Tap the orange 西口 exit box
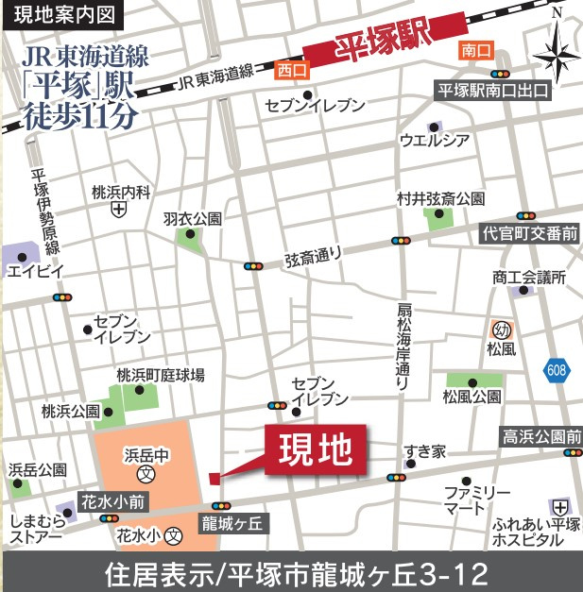(x=288, y=70)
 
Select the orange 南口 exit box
(x=474, y=49)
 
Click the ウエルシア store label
(x=435, y=142)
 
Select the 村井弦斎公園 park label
(x=440, y=198)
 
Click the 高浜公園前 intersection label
(x=540, y=436)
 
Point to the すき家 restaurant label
(x=424, y=452)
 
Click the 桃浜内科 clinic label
(x=121, y=193)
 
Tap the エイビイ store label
(x=35, y=272)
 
